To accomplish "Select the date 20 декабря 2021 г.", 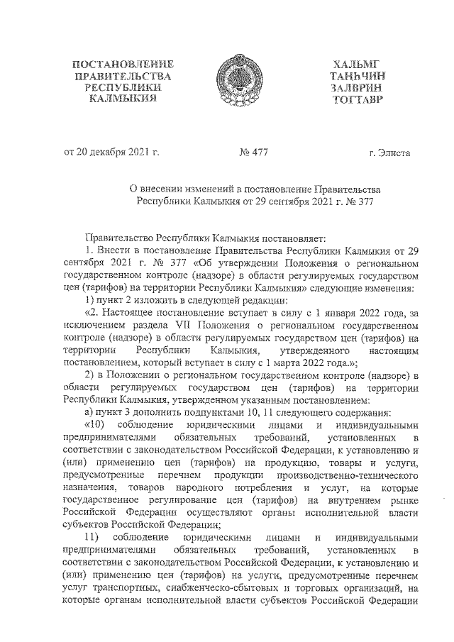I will click(x=119, y=151).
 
